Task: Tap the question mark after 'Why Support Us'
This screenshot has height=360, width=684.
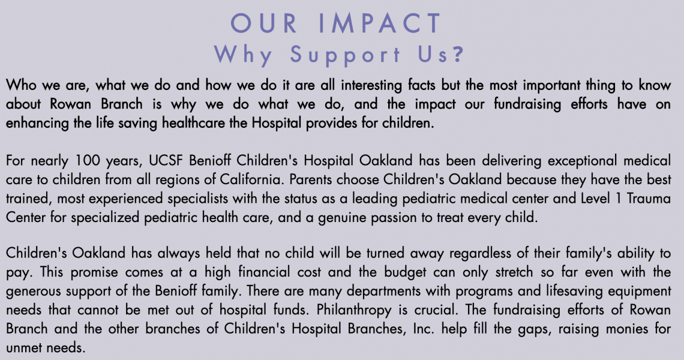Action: tap(458, 54)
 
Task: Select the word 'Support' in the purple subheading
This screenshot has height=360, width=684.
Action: tap(345, 55)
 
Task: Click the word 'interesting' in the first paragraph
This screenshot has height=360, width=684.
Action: tap(371, 85)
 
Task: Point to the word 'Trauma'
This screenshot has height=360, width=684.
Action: tap(649, 199)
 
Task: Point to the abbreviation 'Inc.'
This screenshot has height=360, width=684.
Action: tap(424, 329)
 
